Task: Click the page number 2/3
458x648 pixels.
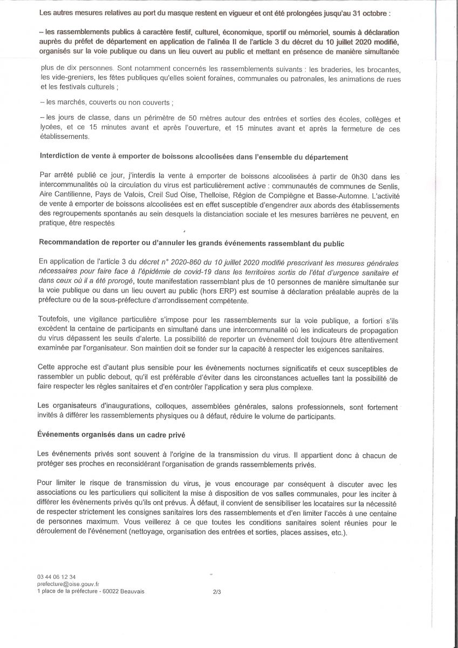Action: [x=217, y=592]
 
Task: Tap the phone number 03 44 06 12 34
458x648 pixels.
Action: [x=57, y=577]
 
